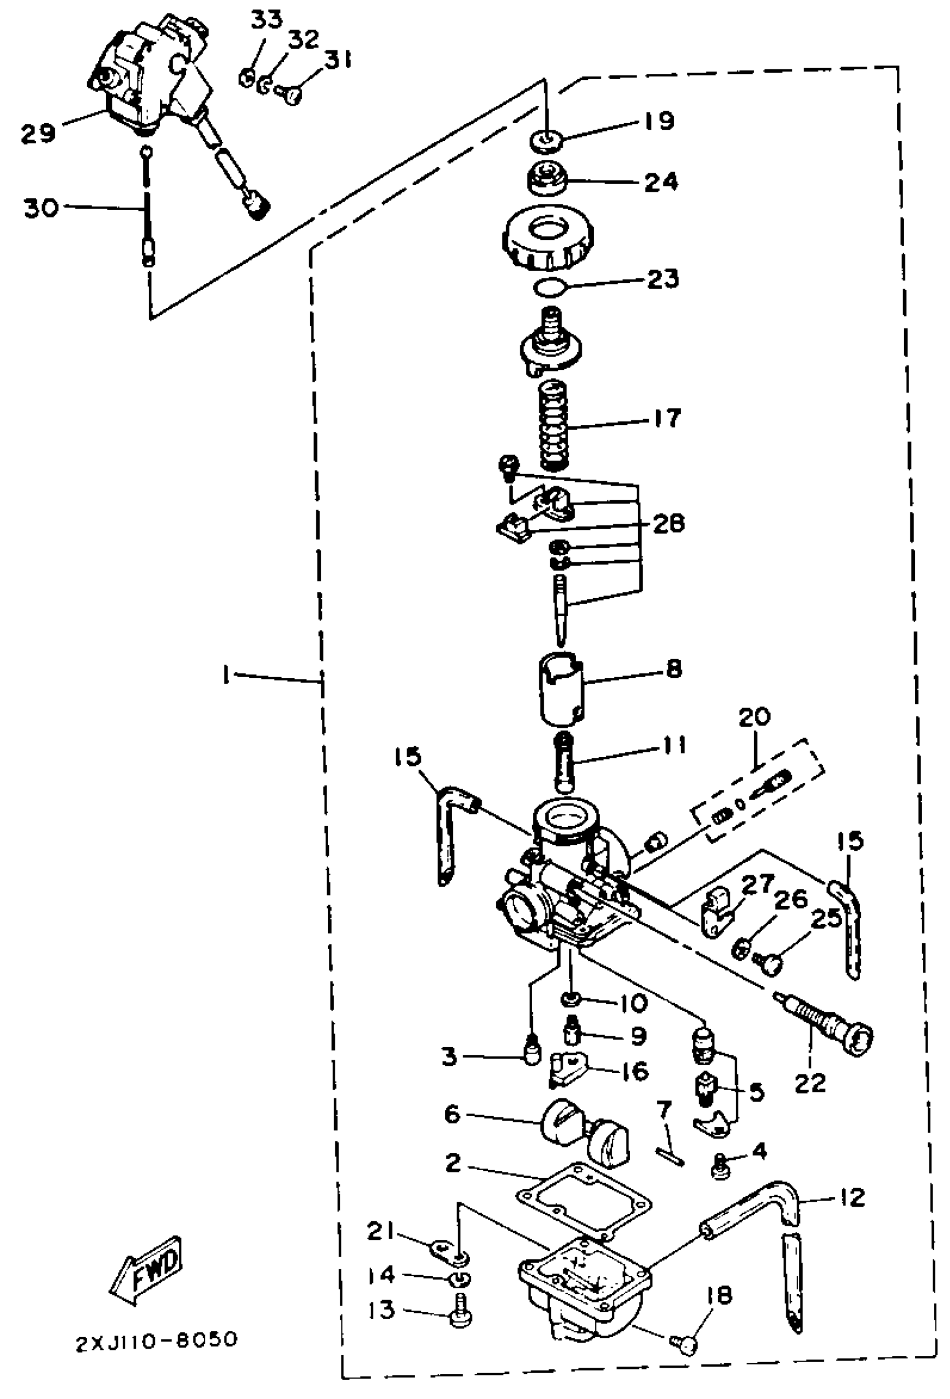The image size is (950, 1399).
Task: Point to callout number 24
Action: [x=661, y=182]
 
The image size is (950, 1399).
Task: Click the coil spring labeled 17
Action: [x=554, y=425]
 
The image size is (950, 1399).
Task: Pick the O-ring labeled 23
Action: [x=550, y=288]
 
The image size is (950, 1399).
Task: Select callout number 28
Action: [x=668, y=523]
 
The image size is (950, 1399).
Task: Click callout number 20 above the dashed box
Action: [x=754, y=718]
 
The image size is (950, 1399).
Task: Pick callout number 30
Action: [x=41, y=208]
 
